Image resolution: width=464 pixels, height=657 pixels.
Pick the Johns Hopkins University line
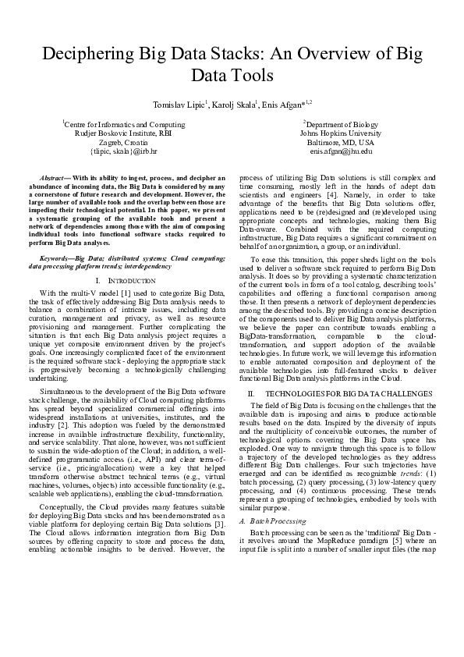point(341,134)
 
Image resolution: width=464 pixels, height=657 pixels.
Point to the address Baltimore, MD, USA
point(341,144)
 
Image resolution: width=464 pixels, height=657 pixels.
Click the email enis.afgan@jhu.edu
point(341,153)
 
